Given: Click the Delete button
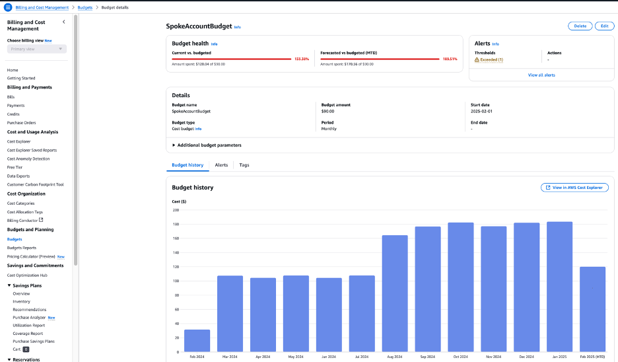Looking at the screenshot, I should (x=580, y=26).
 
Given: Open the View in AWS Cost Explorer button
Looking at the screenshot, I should (x=574, y=188).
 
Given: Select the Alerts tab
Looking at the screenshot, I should (x=221, y=165).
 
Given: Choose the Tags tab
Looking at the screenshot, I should (x=244, y=165).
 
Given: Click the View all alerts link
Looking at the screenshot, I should (x=541, y=75).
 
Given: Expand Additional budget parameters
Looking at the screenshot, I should (x=207, y=145).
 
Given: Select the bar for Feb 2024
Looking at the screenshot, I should (x=197, y=340).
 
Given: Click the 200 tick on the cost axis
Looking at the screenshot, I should (x=176, y=210).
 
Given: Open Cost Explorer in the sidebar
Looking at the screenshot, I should (x=18, y=141).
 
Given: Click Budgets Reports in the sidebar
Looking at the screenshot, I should (x=22, y=248).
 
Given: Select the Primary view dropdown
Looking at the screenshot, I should (x=37, y=49).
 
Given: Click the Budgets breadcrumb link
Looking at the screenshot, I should (x=85, y=7).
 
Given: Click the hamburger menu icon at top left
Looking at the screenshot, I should (x=8, y=7).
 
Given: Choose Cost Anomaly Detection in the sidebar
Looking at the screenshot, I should (x=28, y=159).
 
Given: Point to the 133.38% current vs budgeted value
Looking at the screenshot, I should (x=302, y=59).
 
